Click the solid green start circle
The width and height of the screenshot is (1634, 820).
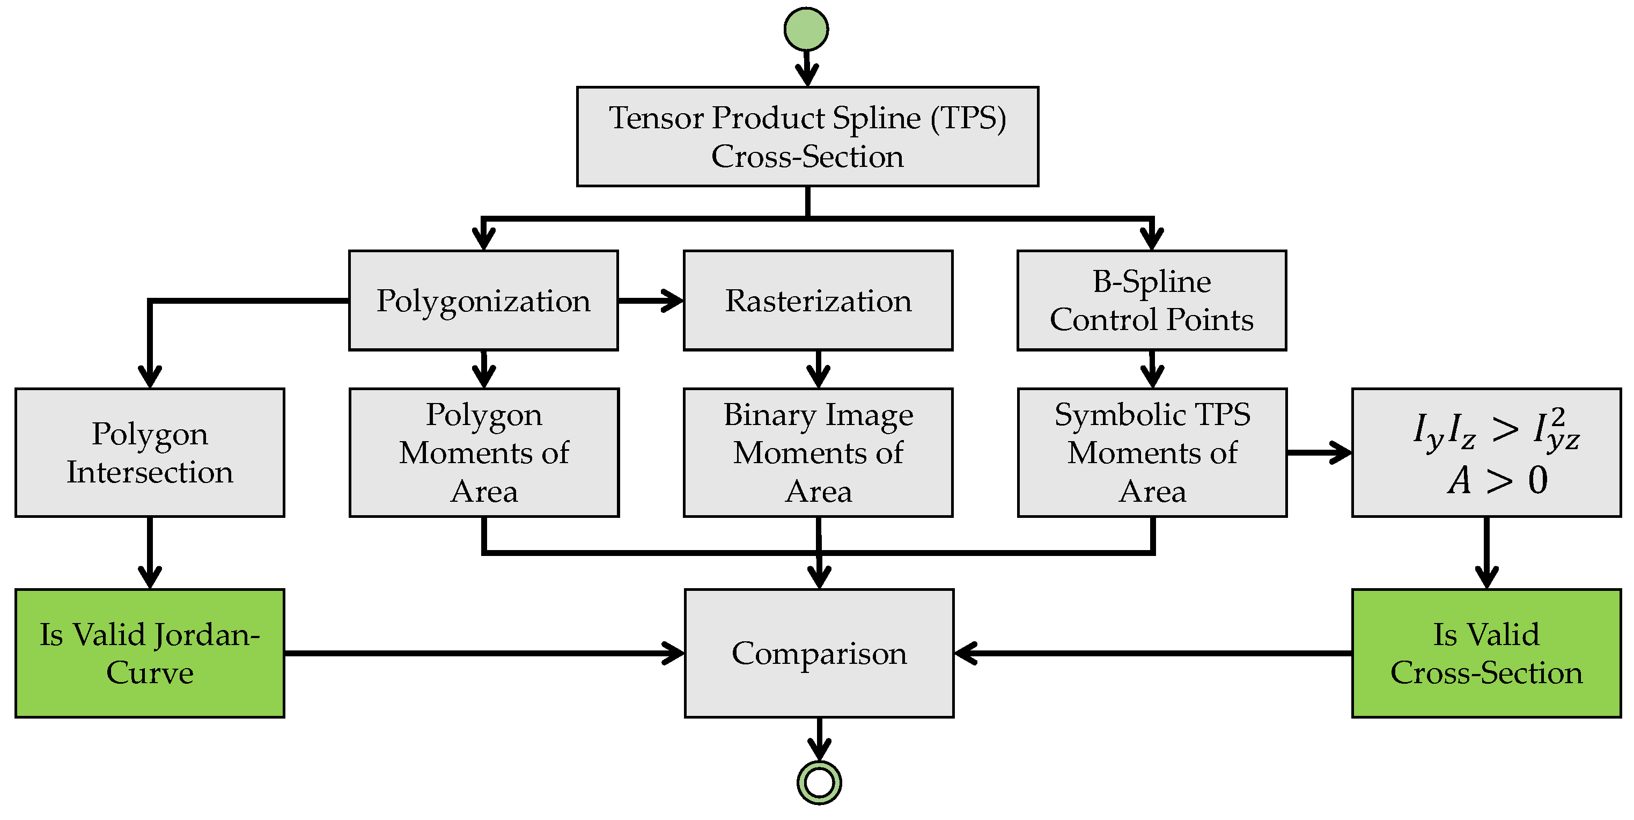coord(806,29)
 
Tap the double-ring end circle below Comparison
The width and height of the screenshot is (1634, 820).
coord(819,782)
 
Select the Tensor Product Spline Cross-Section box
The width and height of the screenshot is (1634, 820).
coord(807,136)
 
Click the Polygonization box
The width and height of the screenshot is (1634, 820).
coord(483,300)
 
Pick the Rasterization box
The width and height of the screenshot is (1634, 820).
coord(818,300)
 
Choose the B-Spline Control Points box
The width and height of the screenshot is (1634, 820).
coord(1151,300)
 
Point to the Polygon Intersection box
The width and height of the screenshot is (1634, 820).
coord(150,452)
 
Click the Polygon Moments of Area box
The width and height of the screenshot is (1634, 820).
coord(484,452)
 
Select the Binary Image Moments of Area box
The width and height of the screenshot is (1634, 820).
coord(818,452)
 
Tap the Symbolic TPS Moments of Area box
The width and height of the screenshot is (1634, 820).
coord(1152,452)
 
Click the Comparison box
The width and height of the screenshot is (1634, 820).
coord(819,653)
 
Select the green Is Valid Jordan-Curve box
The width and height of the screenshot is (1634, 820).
coord(150,653)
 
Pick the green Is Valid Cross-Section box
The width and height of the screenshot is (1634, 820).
coord(1486,653)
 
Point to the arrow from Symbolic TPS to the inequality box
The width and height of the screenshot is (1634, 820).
coord(1320,452)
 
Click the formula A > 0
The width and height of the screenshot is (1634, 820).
coord(1497,480)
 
